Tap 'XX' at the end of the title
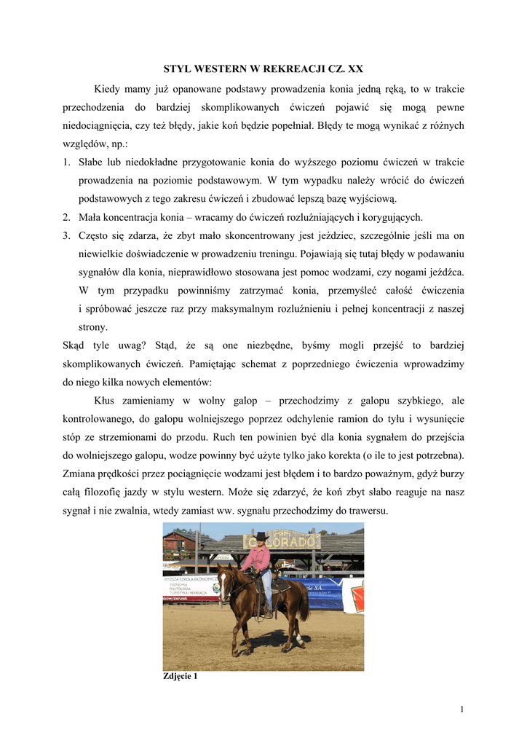tap(354, 69)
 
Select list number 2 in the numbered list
tap(66, 217)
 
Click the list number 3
tap(66, 235)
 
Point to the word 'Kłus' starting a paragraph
tap(106, 401)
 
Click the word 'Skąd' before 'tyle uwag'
tap(76, 345)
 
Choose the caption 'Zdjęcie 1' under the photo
tap(180, 676)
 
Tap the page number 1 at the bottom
tap(462, 710)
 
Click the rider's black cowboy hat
tap(261, 537)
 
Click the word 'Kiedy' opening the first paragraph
tap(108, 89)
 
